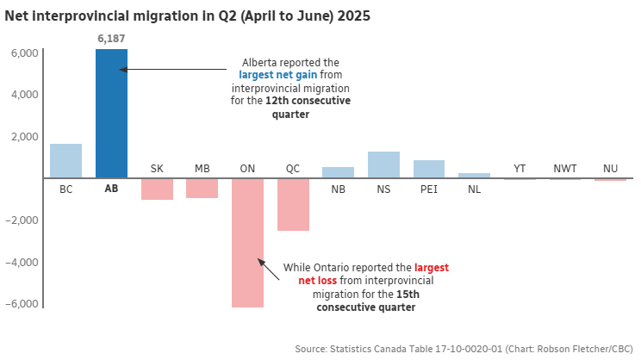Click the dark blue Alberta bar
pyautogui.click(x=111, y=112)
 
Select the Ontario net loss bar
pyautogui.click(x=247, y=241)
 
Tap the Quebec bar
pyautogui.click(x=293, y=204)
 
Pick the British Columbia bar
pyautogui.click(x=65, y=160)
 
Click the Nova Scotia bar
pyautogui.click(x=383, y=164)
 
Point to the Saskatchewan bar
pyautogui.click(x=157, y=189)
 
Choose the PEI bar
pyautogui.click(x=429, y=169)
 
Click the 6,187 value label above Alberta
pyautogui.click(x=111, y=39)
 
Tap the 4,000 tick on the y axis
pyautogui.click(x=23, y=95)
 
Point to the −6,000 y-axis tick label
pyautogui.click(x=21, y=304)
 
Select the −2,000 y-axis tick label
pyautogui.click(x=21, y=220)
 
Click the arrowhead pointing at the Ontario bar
pyautogui.click(x=257, y=259)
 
